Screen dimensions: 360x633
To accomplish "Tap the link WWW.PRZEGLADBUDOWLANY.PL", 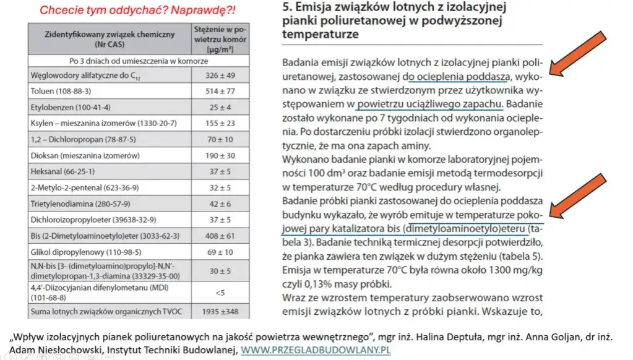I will (316, 351).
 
